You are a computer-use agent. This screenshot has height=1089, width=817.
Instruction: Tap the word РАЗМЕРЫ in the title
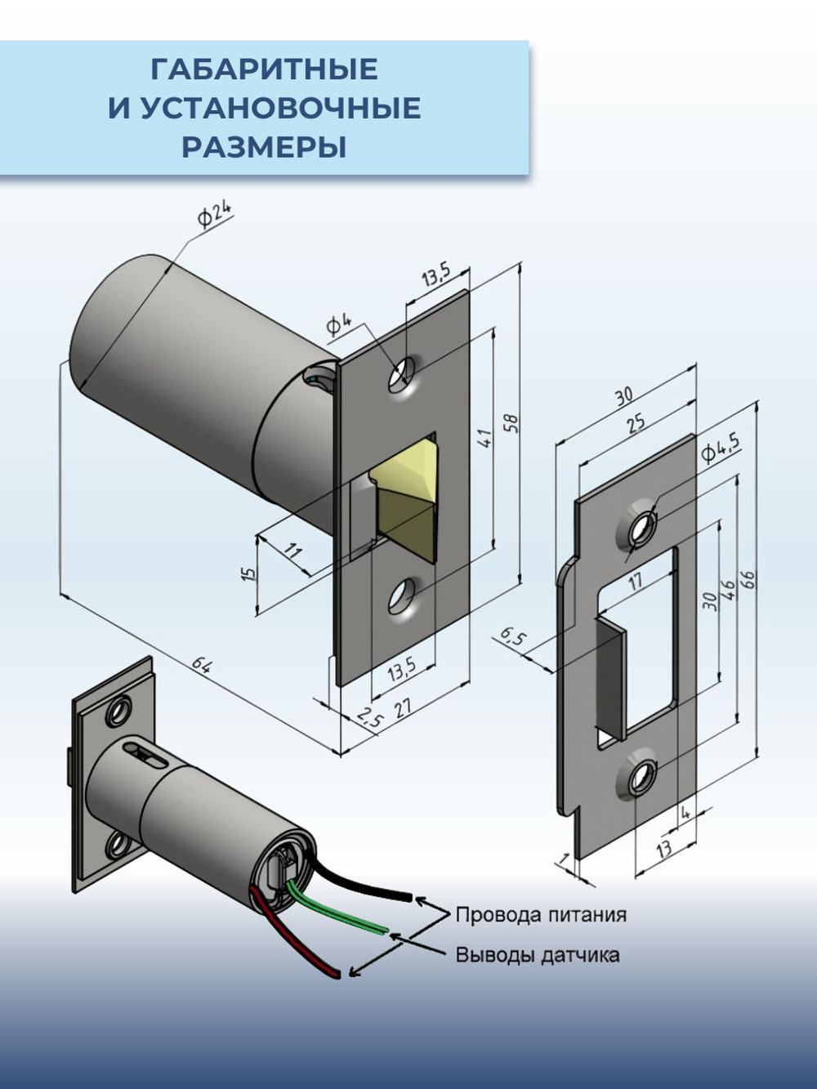tap(264, 147)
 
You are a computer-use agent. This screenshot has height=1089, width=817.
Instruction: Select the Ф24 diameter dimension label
tap(213, 216)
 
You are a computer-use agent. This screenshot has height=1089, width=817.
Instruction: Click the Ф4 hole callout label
tap(339, 324)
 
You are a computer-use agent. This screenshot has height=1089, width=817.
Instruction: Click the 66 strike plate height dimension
tap(748, 578)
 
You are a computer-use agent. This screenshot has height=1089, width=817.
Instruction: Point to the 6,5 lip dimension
tap(511, 637)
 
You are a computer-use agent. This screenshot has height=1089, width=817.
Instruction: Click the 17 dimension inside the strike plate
tap(635, 581)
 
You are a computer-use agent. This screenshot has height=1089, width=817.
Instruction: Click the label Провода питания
tap(541, 914)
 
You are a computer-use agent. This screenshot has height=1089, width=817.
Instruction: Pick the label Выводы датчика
tap(537, 954)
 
